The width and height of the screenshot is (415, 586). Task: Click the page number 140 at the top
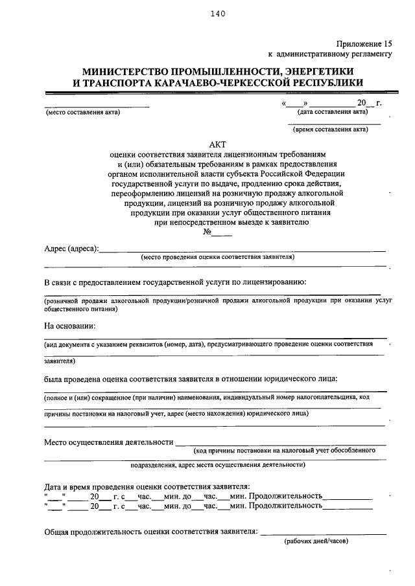217,16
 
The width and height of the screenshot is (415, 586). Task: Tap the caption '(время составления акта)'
330,130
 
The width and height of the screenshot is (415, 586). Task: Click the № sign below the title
209,232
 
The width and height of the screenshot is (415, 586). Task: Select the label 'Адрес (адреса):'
71,249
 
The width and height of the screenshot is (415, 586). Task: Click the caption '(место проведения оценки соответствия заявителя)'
218,257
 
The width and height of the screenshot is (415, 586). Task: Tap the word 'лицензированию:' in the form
275,282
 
